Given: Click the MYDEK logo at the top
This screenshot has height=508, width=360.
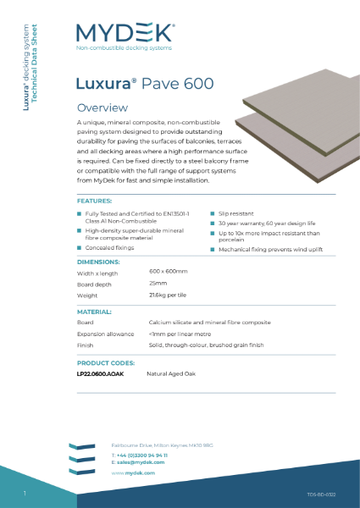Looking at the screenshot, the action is tap(125, 34).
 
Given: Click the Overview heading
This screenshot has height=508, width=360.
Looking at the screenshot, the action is tap(102, 108).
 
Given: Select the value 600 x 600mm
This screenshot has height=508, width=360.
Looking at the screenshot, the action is tap(168, 271).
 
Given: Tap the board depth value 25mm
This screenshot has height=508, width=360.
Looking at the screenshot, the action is tap(157, 283).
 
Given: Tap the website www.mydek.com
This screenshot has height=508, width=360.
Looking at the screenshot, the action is tap(132, 473).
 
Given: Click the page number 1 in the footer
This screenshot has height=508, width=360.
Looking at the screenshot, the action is tap(25, 493).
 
